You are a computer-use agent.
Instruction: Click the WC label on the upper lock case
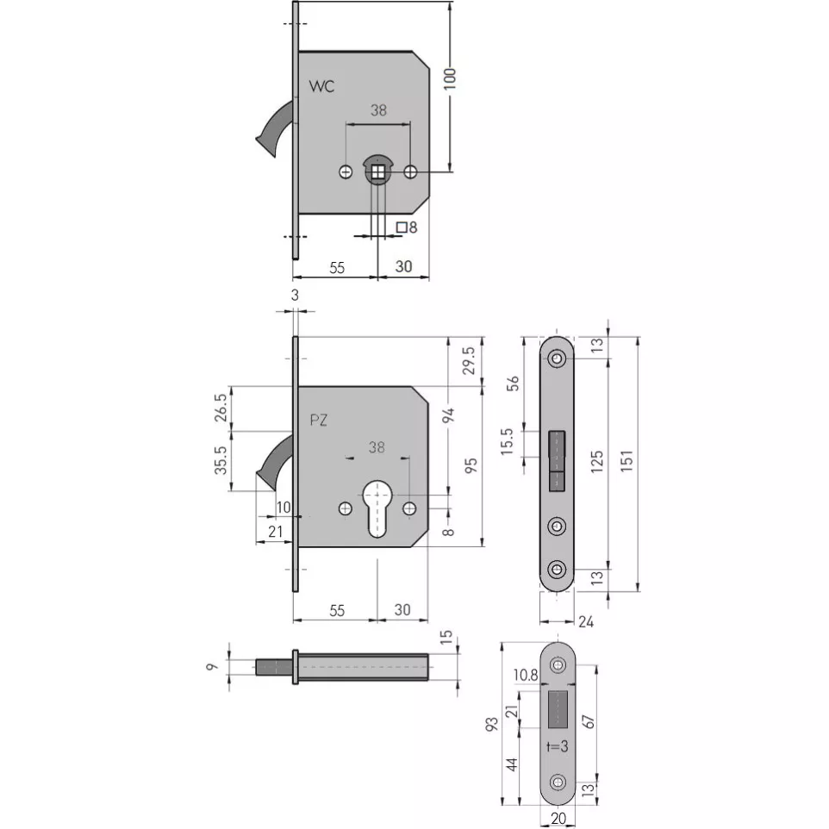(321, 86)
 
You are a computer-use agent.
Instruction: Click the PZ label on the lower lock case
(319, 421)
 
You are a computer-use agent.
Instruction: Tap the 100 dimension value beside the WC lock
(450, 78)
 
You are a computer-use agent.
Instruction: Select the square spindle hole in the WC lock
(377, 172)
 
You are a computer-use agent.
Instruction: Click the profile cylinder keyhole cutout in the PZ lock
(377, 508)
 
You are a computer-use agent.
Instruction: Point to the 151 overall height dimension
(627, 461)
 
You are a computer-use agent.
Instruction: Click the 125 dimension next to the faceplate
(597, 462)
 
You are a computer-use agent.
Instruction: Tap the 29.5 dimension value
(469, 360)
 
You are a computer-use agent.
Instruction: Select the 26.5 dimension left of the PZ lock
(221, 408)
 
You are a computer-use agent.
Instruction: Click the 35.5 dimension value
(221, 460)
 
